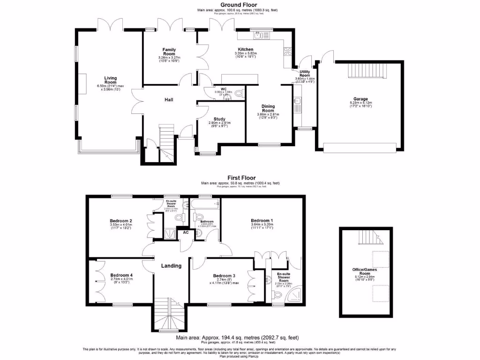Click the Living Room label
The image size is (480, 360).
[x=111, y=81]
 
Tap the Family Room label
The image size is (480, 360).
[x=169, y=52]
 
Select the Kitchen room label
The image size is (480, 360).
[x=245, y=49]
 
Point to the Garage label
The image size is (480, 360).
[x=360, y=99]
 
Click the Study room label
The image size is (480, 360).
[x=219, y=119]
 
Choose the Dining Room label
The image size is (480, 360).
[x=268, y=108]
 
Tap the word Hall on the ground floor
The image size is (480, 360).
[x=170, y=100]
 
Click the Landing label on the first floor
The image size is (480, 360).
[x=171, y=266]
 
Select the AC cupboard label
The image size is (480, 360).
[x=186, y=232]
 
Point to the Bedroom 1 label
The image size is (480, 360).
[x=261, y=220]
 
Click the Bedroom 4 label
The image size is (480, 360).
[x=121, y=275]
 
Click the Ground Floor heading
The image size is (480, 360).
[x=240, y=5]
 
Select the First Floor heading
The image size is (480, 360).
[x=240, y=178]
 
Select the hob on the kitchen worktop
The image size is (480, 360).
[x=288, y=51]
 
